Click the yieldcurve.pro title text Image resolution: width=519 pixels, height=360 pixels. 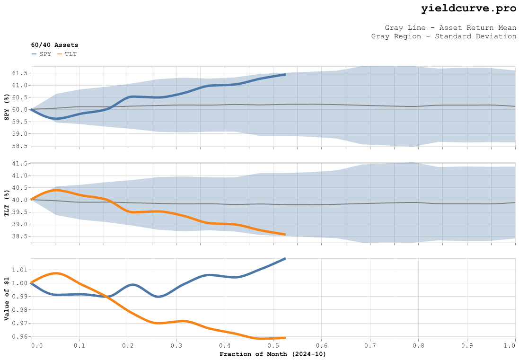click(468, 9)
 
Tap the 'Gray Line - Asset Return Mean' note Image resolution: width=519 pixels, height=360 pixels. click(450, 27)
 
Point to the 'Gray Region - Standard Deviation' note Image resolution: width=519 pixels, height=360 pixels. click(444, 36)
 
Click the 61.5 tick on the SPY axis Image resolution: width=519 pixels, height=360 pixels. click(20, 73)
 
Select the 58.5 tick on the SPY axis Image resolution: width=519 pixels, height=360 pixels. click(20, 146)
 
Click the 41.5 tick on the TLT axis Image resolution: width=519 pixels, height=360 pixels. click(20, 164)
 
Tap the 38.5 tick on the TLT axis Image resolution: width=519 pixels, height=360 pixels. click(20, 237)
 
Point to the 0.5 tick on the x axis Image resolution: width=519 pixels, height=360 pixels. click(273, 346)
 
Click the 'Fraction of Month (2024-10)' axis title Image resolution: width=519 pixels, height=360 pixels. click(273, 354)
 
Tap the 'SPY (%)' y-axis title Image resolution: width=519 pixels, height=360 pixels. click(7, 107)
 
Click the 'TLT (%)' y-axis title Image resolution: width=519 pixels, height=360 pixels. click(7, 203)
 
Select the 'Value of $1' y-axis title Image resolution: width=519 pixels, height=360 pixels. click(7, 298)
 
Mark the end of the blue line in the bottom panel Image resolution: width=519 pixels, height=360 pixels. click(285, 258)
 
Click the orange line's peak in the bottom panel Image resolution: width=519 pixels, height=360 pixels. click(56, 273)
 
